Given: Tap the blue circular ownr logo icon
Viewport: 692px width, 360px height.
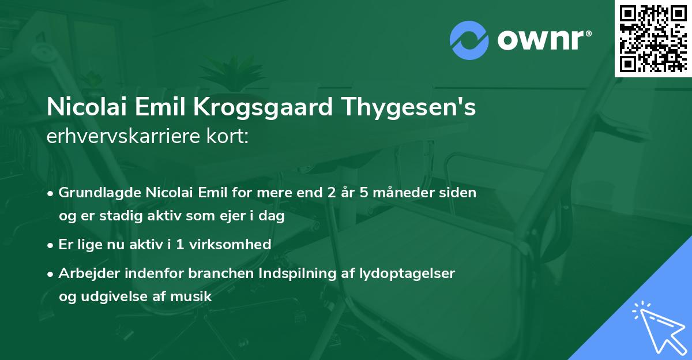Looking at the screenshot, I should tap(469, 40).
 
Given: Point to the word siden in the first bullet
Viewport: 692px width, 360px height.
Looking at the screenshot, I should tap(460, 193).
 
